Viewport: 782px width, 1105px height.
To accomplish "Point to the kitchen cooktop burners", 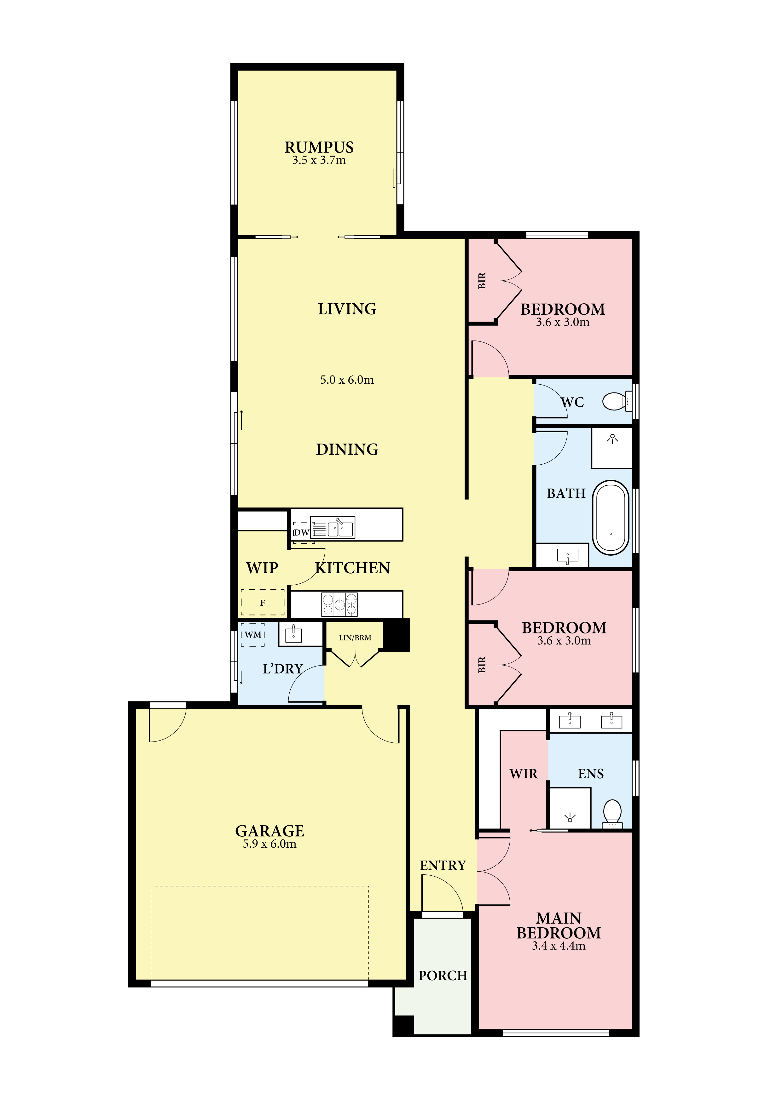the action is pyautogui.click(x=339, y=604).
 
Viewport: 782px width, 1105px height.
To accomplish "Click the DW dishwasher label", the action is pyautogui.click(x=301, y=532).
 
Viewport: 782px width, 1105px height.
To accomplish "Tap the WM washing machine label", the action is pyautogui.click(x=253, y=635).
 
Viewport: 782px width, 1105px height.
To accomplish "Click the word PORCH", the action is pyautogui.click(x=443, y=985).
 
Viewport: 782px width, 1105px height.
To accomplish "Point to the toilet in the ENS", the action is pyautogui.click(x=612, y=813).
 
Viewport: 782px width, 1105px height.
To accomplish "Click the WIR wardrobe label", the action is pyautogui.click(x=524, y=774).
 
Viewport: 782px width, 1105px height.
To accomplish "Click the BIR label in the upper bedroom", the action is pyautogui.click(x=482, y=281).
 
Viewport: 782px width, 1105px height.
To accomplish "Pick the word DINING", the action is pyautogui.click(x=347, y=449).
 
